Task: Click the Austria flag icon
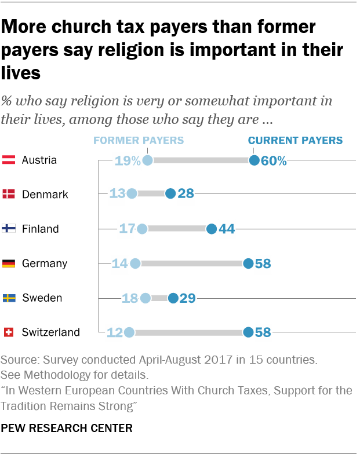click(9, 160)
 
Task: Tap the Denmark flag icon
click(9, 194)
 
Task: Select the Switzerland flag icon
click(9, 332)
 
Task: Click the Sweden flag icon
click(9, 298)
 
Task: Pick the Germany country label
click(45, 263)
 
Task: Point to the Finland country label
click(40, 229)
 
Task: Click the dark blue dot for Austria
click(254, 160)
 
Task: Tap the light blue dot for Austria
click(147, 160)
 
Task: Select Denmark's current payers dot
click(170, 194)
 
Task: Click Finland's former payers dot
click(142, 229)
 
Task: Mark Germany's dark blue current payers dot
click(248, 263)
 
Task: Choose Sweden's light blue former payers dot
click(145, 298)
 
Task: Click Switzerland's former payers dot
click(129, 332)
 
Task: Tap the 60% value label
click(274, 160)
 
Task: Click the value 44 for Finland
click(227, 229)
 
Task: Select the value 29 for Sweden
click(187, 298)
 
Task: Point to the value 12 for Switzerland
click(114, 332)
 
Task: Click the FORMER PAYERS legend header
click(139, 140)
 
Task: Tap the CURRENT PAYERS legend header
click(295, 140)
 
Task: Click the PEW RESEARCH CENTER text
click(67, 429)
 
